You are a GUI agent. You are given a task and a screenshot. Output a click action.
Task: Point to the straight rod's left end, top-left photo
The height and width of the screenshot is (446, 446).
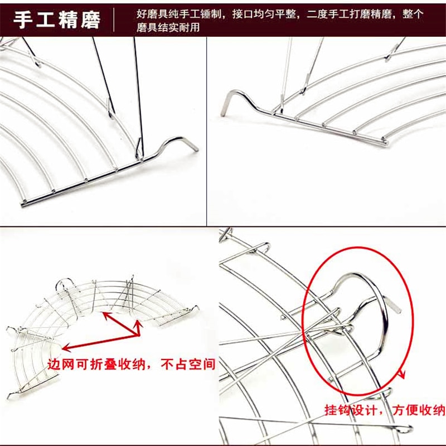pos(24,204)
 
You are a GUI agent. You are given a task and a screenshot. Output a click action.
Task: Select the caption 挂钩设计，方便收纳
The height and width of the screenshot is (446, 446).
pos(385,411)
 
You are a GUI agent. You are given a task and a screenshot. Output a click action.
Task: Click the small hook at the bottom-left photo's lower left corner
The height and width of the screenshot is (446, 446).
pos(10,396)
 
